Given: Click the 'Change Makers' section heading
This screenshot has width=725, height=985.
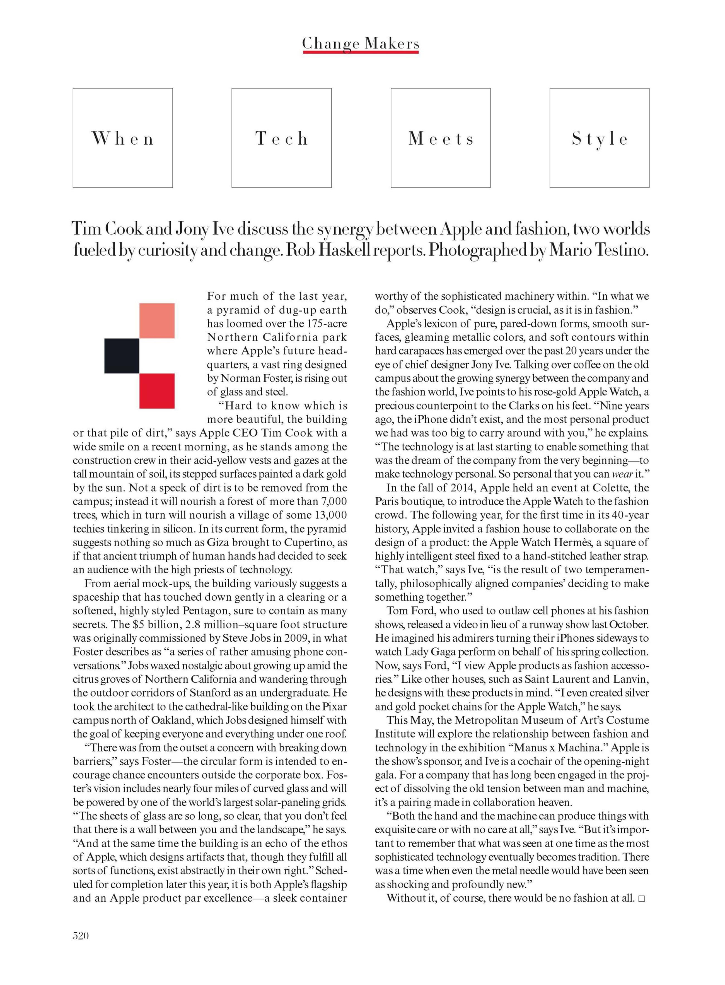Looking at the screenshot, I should (x=361, y=43).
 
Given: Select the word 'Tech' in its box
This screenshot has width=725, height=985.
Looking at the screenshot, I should (x=281, y=139).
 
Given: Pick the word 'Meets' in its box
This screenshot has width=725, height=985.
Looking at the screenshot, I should (x=441, y=139).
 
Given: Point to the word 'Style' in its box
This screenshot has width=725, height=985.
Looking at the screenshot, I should (x=600, y=139).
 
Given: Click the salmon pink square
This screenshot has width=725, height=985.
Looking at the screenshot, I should (x=157, y=321).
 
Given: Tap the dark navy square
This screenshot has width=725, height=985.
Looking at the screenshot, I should (x=122, y=356).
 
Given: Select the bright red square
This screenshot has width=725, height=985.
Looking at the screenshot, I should (x=157, y=391).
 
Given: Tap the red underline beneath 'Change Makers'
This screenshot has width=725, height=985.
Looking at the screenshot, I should (x=361, y=52).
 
